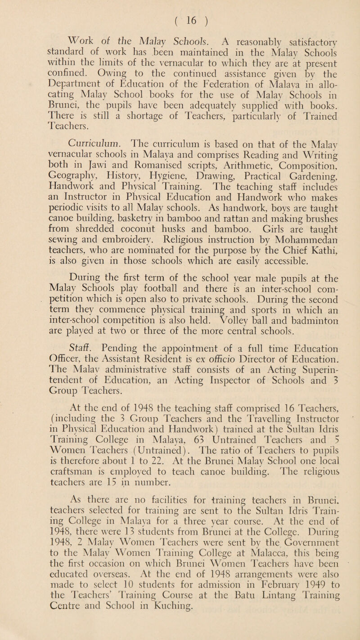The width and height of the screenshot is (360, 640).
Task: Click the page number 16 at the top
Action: coord(180,10)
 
